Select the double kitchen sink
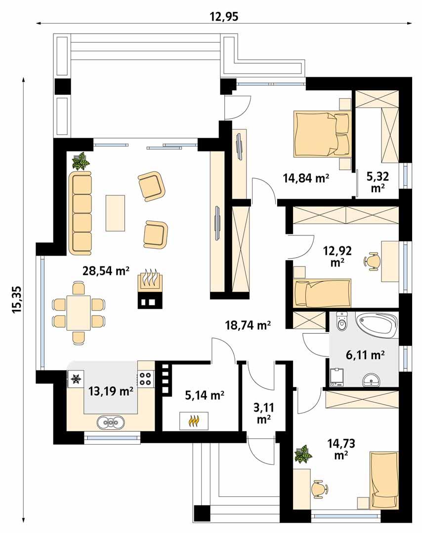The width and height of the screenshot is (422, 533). [111, 422]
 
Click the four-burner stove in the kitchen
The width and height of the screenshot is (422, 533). [146, 379]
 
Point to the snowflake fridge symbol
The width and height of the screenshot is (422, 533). [76, 379]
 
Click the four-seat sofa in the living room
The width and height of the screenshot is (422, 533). [81, 213]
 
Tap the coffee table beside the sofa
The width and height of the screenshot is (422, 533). [115, 213]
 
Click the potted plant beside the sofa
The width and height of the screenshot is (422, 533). [81, 161]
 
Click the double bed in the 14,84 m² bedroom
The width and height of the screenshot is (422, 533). [322, 133]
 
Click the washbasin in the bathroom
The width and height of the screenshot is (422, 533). [371, 380]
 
